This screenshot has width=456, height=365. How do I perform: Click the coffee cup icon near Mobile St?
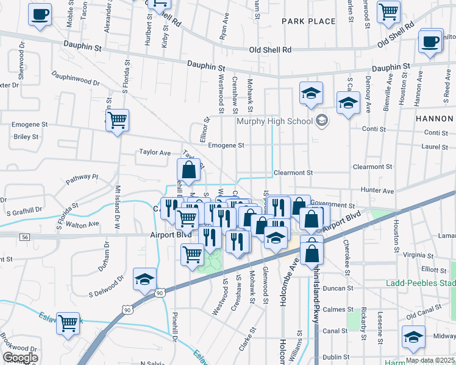(40, 14)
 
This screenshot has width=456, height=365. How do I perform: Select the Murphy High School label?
(274, 120)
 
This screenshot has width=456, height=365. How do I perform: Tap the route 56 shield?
(24, 236)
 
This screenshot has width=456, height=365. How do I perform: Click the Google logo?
(20, 357)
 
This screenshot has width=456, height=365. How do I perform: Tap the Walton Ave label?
(86, 224)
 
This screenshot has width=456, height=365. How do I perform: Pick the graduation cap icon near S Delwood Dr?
(144, 279)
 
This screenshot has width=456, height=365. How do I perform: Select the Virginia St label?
(418, 255)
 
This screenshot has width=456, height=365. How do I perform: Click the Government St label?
(332, 206)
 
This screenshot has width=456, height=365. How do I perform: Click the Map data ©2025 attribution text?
(429, 360)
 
